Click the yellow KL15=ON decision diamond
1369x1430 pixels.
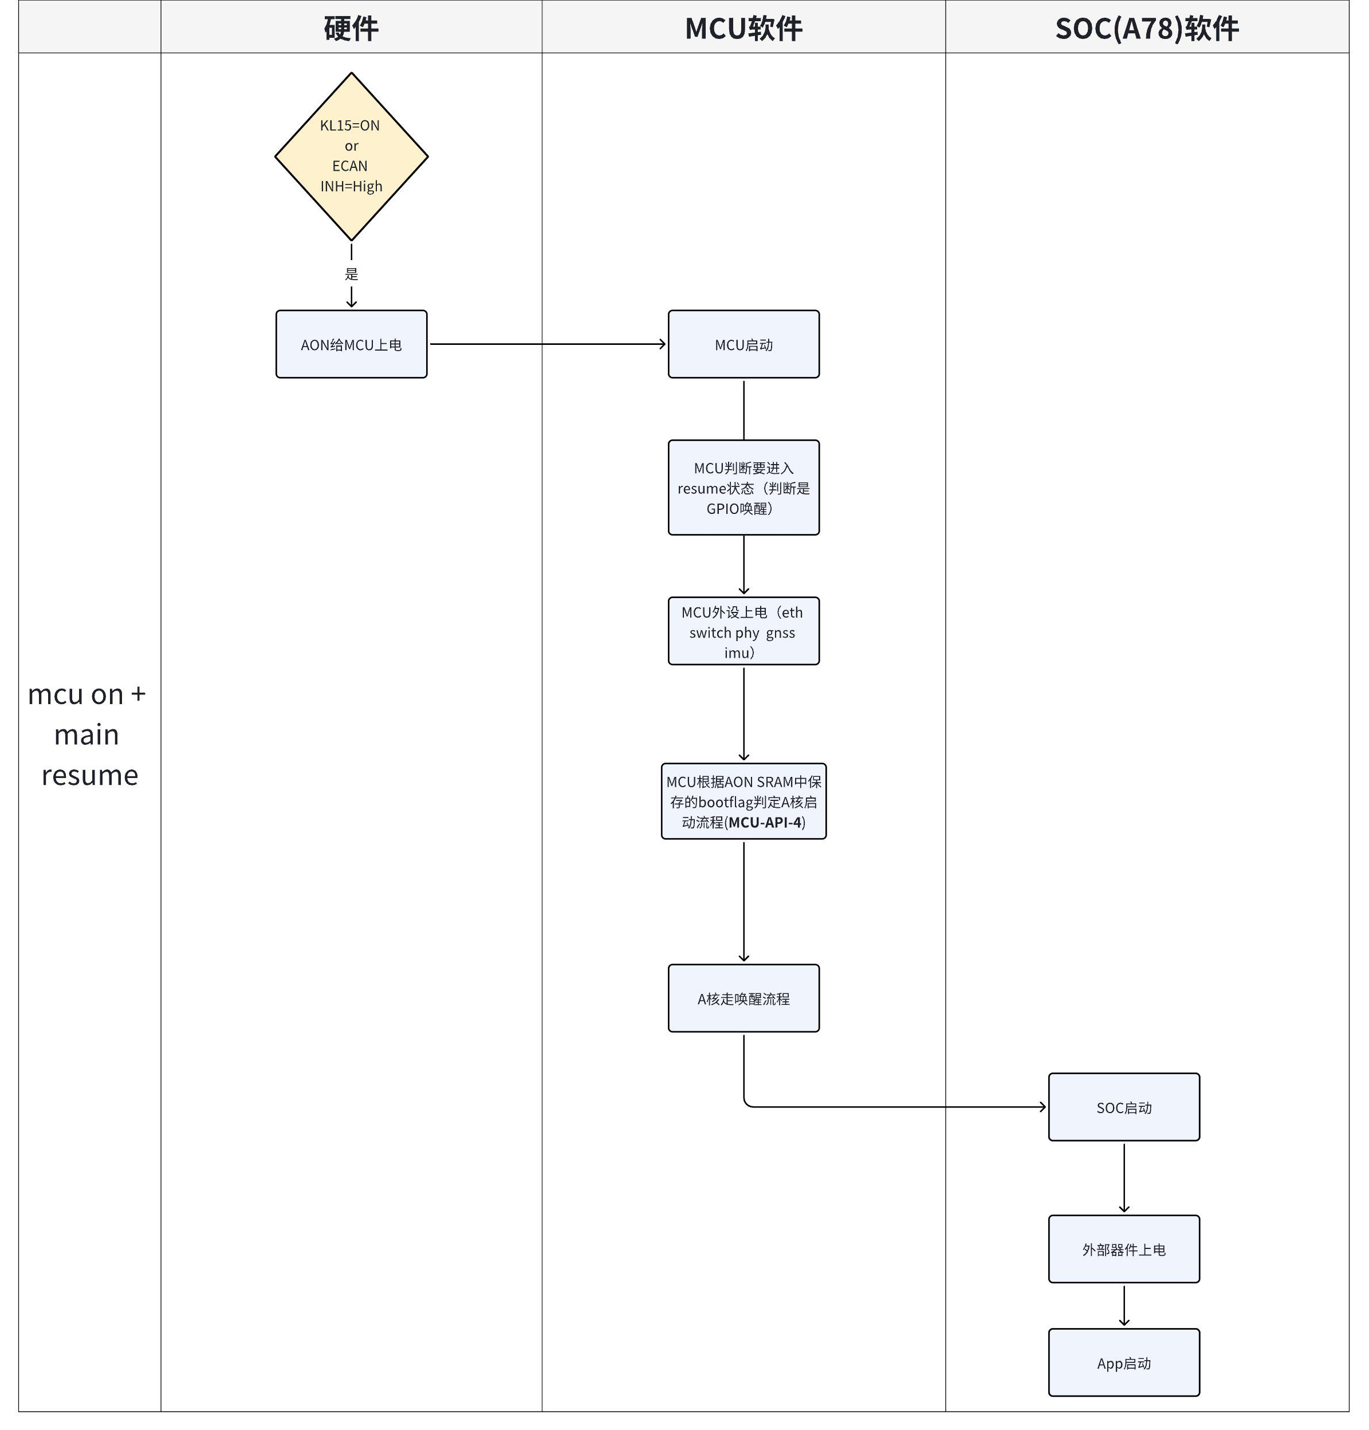point(351,156)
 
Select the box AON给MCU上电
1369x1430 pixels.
point(351,344)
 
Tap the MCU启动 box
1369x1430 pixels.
point(743,344)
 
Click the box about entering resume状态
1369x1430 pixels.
point(743,488)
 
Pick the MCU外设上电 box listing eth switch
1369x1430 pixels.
point(743,631)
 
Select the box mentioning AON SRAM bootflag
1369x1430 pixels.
point(743,801)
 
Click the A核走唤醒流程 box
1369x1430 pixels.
point(743,998)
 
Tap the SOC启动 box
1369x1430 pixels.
point(1123,1107)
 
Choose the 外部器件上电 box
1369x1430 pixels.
point(1123,1250)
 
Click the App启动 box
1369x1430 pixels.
point(1123,1363)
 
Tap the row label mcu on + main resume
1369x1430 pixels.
point(88,734)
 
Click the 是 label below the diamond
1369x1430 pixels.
point(351,274)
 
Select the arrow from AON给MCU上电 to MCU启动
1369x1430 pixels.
point(547,344)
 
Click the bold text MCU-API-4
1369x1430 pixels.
point(764,822)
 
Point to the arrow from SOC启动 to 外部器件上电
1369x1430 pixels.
point(1123,1177)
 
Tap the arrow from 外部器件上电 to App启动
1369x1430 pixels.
point(1123,1306)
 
